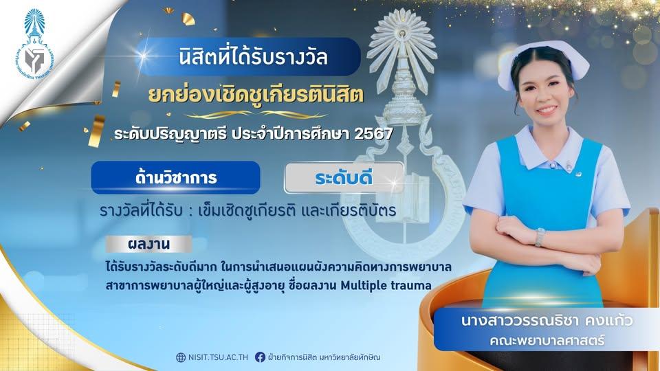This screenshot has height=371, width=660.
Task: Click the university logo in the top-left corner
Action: coord(34,45)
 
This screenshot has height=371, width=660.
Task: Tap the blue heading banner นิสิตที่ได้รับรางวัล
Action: coord(249,57)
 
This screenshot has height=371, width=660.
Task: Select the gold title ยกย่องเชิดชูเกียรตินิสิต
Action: coord(256,95)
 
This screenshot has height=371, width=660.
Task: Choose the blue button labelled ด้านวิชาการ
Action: coord(175,177)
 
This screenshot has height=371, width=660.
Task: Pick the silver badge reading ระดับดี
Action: coord(344,178)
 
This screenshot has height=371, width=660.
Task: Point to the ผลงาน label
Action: coord(148,244)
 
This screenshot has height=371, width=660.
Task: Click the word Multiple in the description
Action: coord(364,286)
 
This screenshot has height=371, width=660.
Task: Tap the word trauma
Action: coord(411,286)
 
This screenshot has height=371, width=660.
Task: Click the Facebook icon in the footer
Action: coord(260,357)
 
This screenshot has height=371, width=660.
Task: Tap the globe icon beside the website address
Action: coord(181,357)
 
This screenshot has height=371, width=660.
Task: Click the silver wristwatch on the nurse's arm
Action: coord(540,237)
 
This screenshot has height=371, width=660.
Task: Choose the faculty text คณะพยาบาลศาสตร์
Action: coord(547,340)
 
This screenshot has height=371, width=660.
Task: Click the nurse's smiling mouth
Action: coord(547,110)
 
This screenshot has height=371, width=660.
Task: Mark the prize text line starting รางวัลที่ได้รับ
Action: coord(248,210)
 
